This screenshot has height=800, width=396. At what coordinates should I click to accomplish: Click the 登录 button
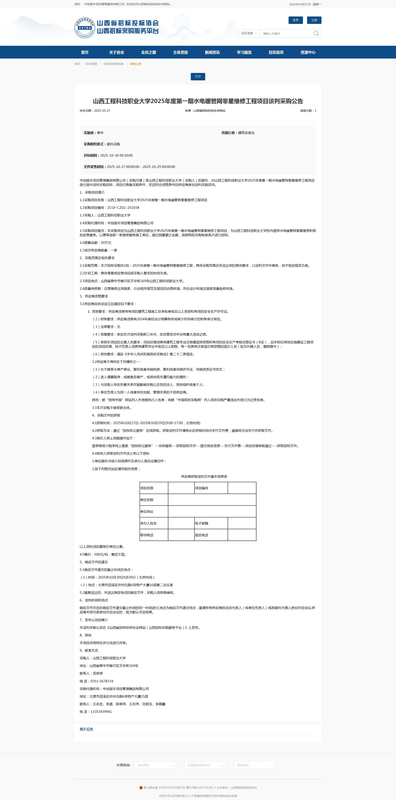point(296,20)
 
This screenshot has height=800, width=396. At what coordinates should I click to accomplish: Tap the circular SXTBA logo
point(85,28)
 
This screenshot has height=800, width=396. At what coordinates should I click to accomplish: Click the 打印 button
point(198,77)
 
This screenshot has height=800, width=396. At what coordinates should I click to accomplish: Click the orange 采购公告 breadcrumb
point(135,64)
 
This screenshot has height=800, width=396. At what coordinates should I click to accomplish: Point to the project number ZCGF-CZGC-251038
point(123,208)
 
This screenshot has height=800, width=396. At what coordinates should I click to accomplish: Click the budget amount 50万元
point(106,243)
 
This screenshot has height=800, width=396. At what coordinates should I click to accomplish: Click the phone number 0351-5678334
point(102,681)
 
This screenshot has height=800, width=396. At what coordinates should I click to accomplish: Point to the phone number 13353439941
point(101,712)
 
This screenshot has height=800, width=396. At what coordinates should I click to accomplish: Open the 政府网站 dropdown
point(155,765)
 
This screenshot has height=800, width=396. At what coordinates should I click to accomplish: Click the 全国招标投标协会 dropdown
point(205,765)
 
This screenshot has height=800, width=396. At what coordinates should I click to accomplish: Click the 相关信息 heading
point(86,729)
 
